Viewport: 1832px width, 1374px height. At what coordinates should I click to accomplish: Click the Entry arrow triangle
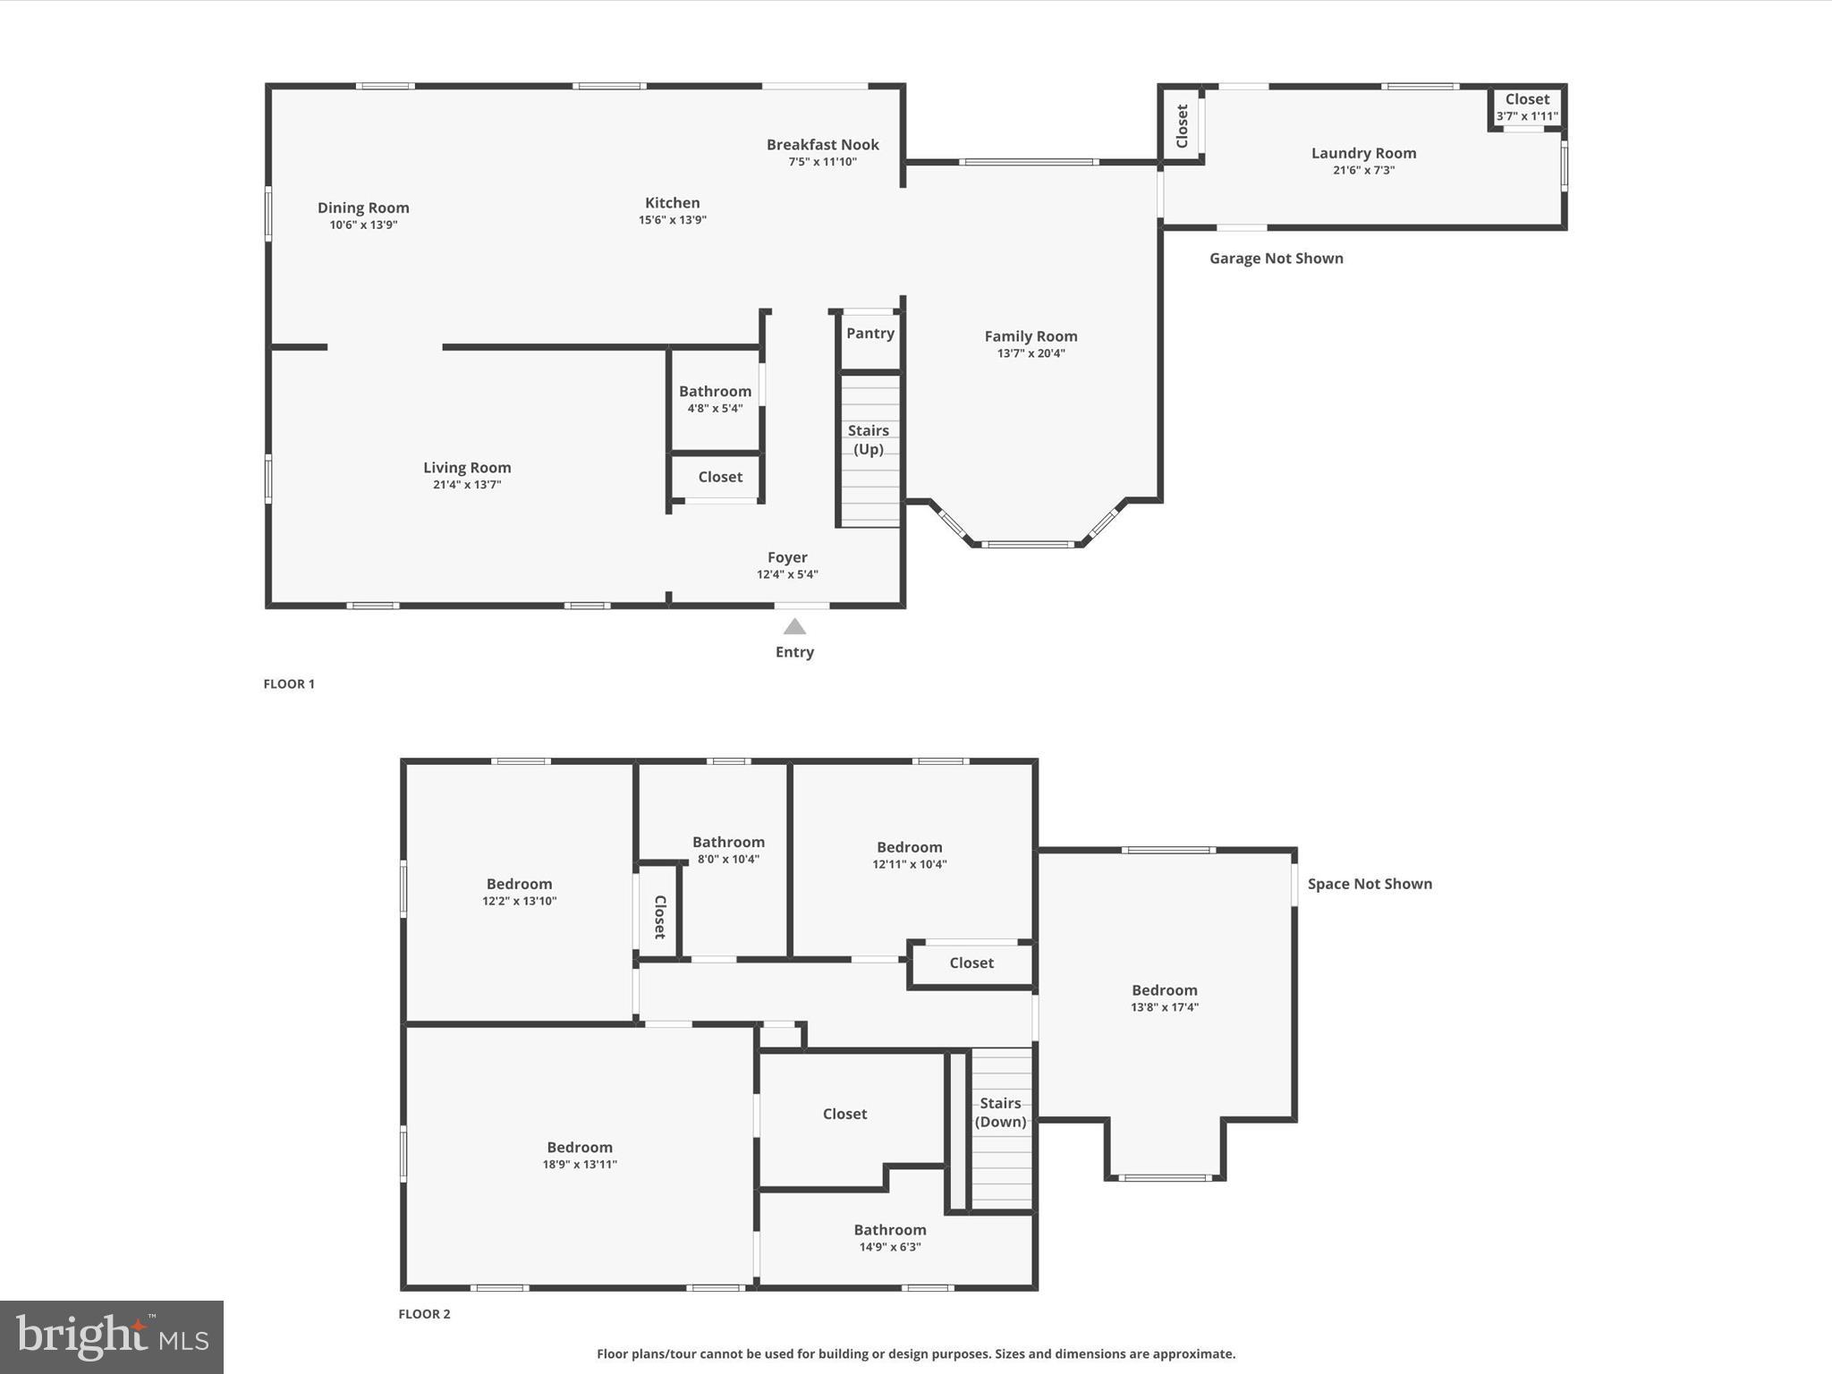pyautogui.click(x=794, y=626)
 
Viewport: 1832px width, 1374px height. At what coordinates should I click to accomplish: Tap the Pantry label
pyautogui.click(x=869, y=333)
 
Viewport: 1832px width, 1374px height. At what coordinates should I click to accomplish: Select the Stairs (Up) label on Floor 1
pyautogui.click(x=868, y=439)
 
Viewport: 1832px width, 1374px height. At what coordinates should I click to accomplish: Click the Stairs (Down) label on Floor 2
pyautogui.click(x=1000, y=1112)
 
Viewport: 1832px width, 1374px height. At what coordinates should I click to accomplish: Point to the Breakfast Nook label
pyautogui.click(x=822, y=144)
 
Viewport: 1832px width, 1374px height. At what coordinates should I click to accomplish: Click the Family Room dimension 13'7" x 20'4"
pyautogui.click(x=1030, y=353)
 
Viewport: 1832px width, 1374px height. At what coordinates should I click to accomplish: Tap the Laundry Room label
pyautogui.click(x=1363, y=153)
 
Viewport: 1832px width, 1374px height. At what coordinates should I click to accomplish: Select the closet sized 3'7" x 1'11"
pyautogui.click(x=1527, y=107)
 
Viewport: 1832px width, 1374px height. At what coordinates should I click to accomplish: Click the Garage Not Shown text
pyautogui.click(x=1276, y=259)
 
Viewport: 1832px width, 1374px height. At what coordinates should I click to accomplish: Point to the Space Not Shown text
pyautogui.click(x=1370, y=884)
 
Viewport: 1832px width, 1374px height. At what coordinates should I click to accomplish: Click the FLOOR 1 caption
pyautogui.click(x=289, y=683)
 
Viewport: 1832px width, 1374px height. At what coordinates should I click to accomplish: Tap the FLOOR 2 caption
pyautogui.click(x=424, y=1313)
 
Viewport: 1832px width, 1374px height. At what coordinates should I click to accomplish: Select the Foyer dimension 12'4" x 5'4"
pyautogui.click(x=787, y=574)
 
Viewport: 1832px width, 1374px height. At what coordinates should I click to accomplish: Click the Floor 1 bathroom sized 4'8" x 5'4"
pyautogui.click(x=715, y=399)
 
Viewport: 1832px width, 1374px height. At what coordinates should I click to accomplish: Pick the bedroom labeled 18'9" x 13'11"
pyautogui.click(x=580, y=1155)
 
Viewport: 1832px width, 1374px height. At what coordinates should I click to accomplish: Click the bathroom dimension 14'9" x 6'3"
pyautogui.click(x=890, y=1247)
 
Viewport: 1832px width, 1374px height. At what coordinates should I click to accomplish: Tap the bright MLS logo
pyautogui.click(x=112, y=1336)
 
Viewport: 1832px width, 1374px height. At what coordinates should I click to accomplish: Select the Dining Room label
pyautogui.click(x=363, y=208)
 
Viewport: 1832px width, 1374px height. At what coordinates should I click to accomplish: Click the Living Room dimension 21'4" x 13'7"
pyautogui.click(x=467, y=485)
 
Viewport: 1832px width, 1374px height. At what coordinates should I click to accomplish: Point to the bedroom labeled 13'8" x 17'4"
pyautogui.click(x=1164, y=997)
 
